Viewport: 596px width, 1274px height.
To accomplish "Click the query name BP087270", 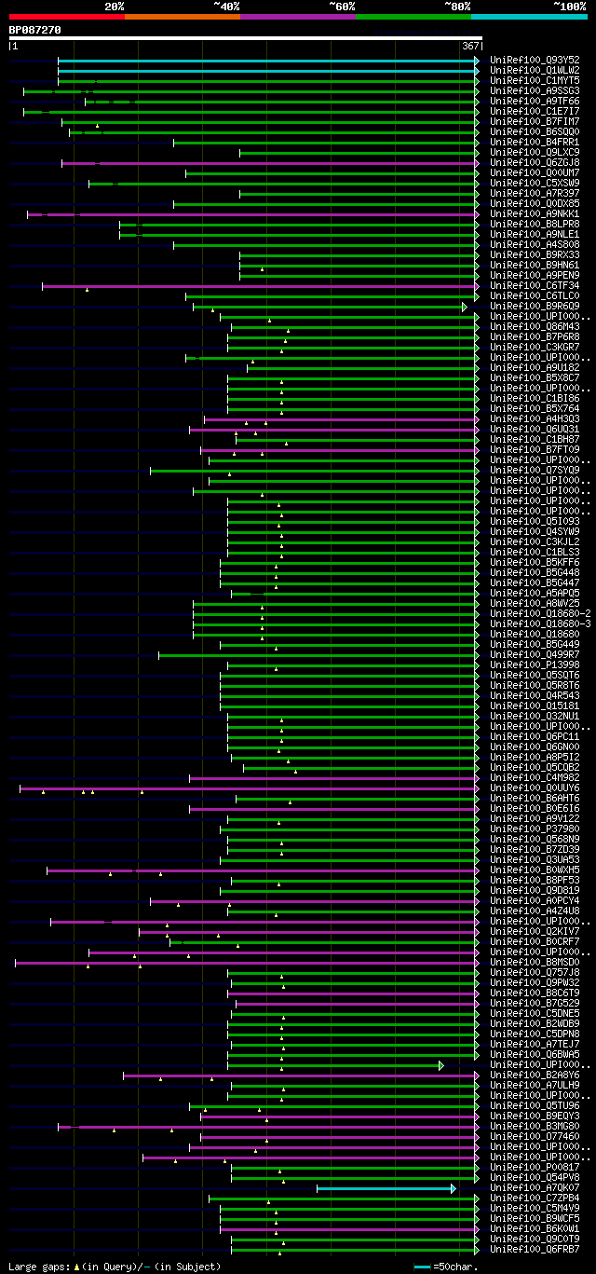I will [x=34, y=30].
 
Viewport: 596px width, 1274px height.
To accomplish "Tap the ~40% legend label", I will [x=226, y=7].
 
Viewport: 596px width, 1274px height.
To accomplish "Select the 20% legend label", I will [x=115, y=7].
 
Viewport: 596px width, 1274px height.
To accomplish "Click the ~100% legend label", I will [x=569, y=7].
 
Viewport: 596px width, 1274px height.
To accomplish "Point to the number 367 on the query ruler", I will [x=470, y=46].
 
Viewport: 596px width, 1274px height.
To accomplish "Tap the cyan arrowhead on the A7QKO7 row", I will [x=454, y=1188].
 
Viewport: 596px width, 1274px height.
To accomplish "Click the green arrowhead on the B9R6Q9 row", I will [x=465, y=307].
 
